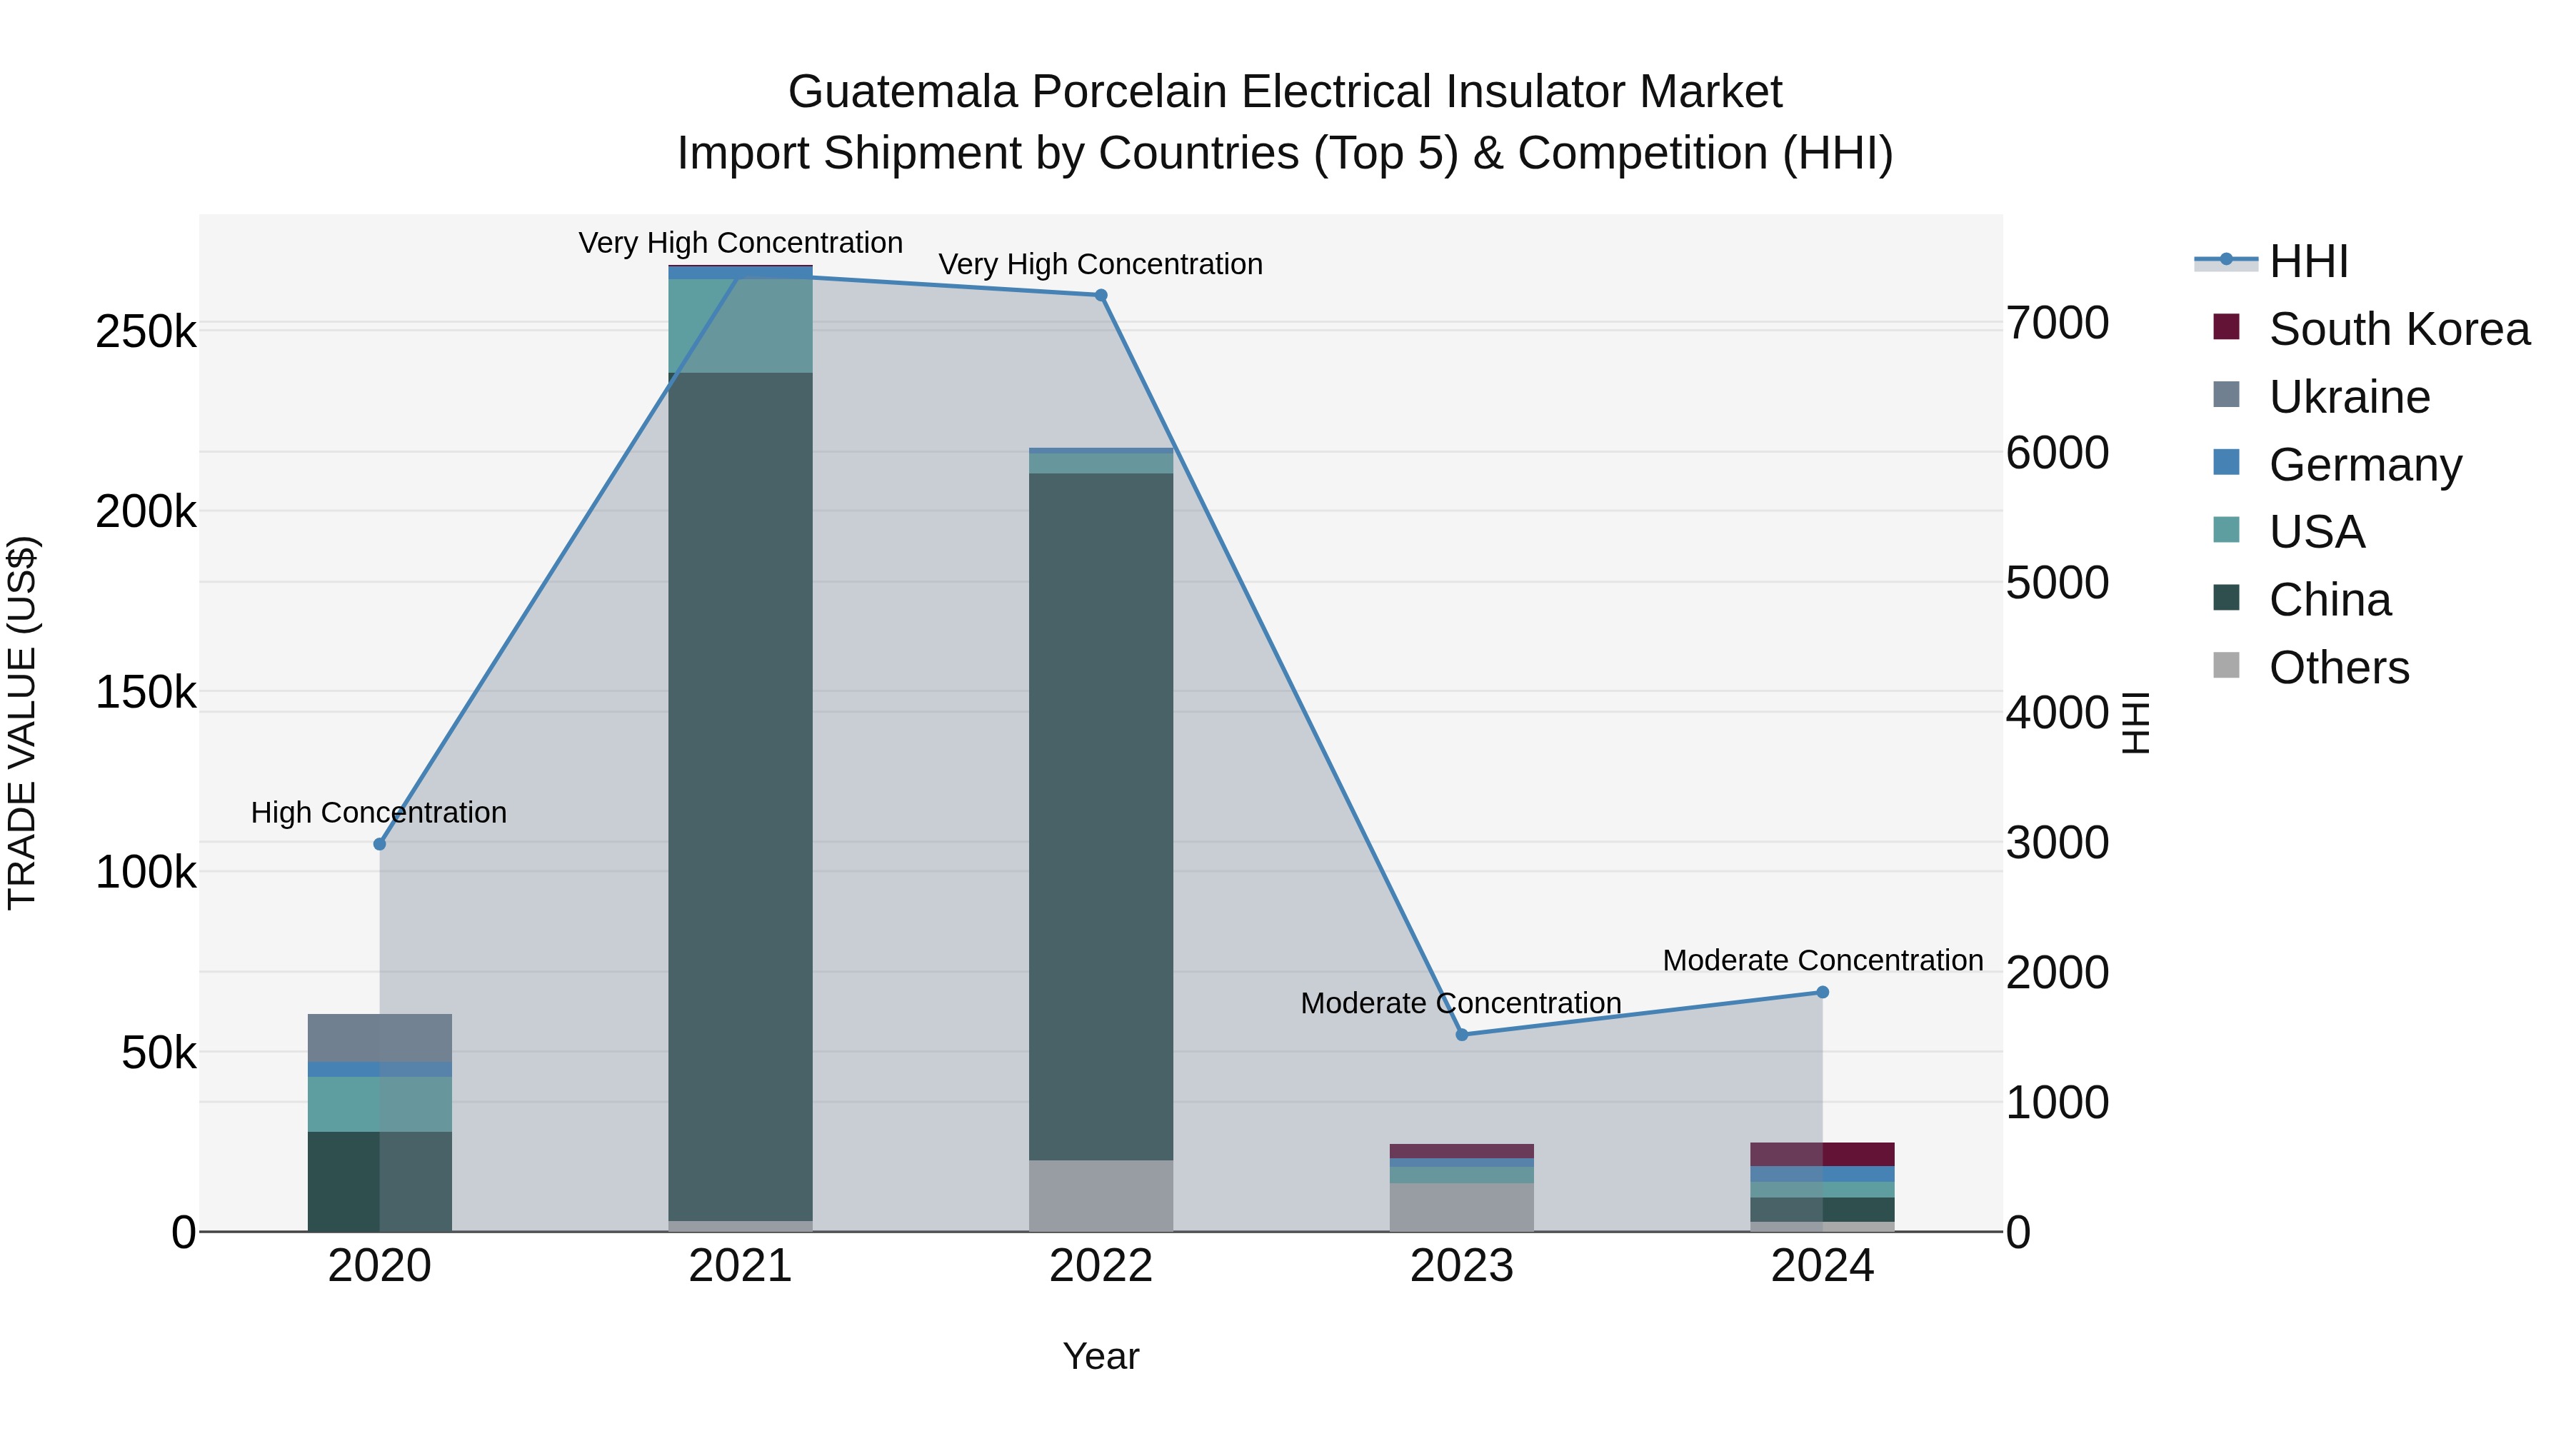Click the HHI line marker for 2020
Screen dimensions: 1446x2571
[379, 844]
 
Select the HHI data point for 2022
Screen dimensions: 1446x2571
[1101, 296]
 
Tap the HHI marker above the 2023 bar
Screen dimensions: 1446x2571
[1462, 1035]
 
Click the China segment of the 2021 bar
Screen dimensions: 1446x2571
[741, 798]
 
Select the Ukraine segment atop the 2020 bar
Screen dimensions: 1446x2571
[379, 1038]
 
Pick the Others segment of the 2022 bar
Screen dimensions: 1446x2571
[1101, 1195]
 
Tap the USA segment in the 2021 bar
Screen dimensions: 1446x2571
[741, 326]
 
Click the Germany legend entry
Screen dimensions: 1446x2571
[2365, 465]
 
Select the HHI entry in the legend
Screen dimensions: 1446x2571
[2307, 261]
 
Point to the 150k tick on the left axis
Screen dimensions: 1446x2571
[146, 691]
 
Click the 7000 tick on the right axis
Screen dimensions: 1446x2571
[2058, 323]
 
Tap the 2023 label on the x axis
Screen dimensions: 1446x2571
[1462, 1266]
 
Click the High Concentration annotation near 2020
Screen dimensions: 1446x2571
[379, 813]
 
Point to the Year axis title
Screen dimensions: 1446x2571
[1101, 1356]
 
